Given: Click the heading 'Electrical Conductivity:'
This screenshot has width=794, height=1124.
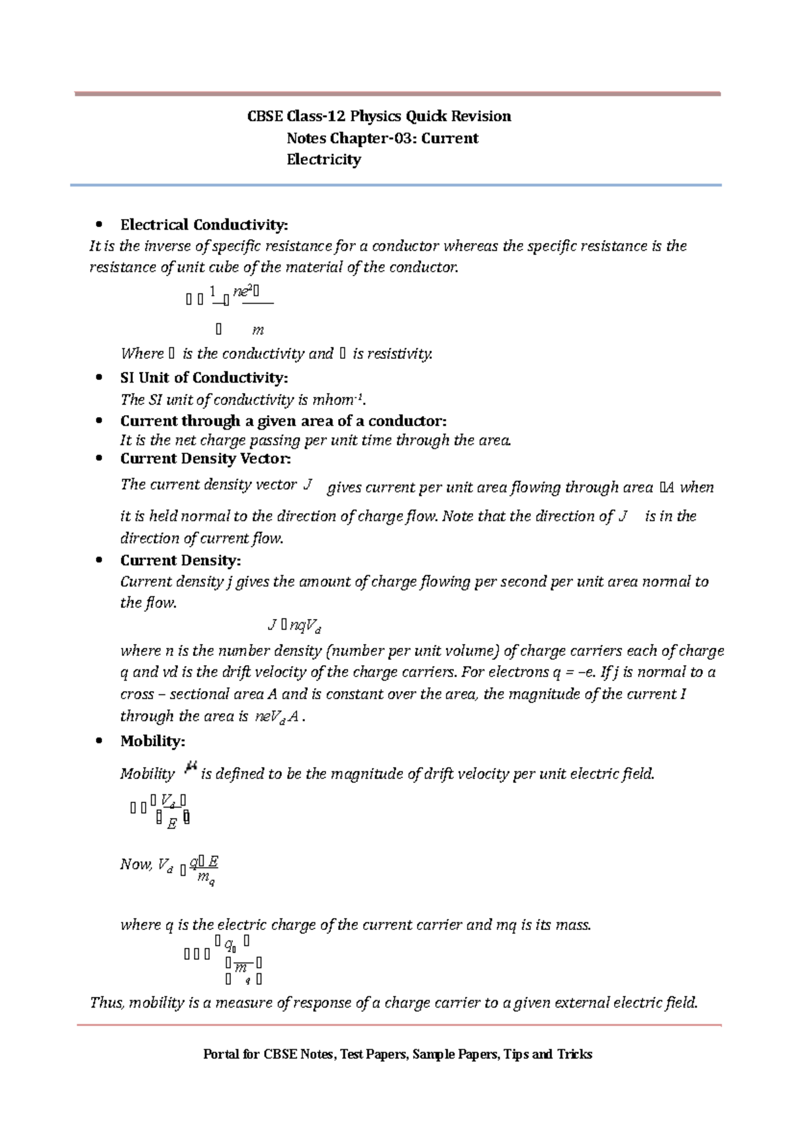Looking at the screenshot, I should (204, 225).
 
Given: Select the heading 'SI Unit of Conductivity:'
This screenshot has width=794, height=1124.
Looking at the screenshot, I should (204, 378).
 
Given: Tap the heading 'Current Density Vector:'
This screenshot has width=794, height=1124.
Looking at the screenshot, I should (205, 459).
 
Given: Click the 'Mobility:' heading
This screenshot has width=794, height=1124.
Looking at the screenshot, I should (152, 741).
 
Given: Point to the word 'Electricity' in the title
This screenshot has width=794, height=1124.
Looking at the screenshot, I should (324, 160).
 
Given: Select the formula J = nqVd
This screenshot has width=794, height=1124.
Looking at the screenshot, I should (294, 625).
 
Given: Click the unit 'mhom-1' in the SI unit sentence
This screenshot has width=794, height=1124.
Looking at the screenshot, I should (338, 400).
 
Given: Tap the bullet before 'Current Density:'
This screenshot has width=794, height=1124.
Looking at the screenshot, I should (99, 561).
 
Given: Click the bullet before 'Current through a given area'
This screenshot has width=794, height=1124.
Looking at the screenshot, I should (99, 421).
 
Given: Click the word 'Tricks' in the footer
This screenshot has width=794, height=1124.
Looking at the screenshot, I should (574, 1054).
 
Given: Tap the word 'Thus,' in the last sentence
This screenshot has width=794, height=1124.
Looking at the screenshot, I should (107, 1003).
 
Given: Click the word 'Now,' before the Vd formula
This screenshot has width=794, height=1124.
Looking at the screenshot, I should (136, 865).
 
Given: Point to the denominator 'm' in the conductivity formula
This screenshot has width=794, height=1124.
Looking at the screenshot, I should (258, 330).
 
